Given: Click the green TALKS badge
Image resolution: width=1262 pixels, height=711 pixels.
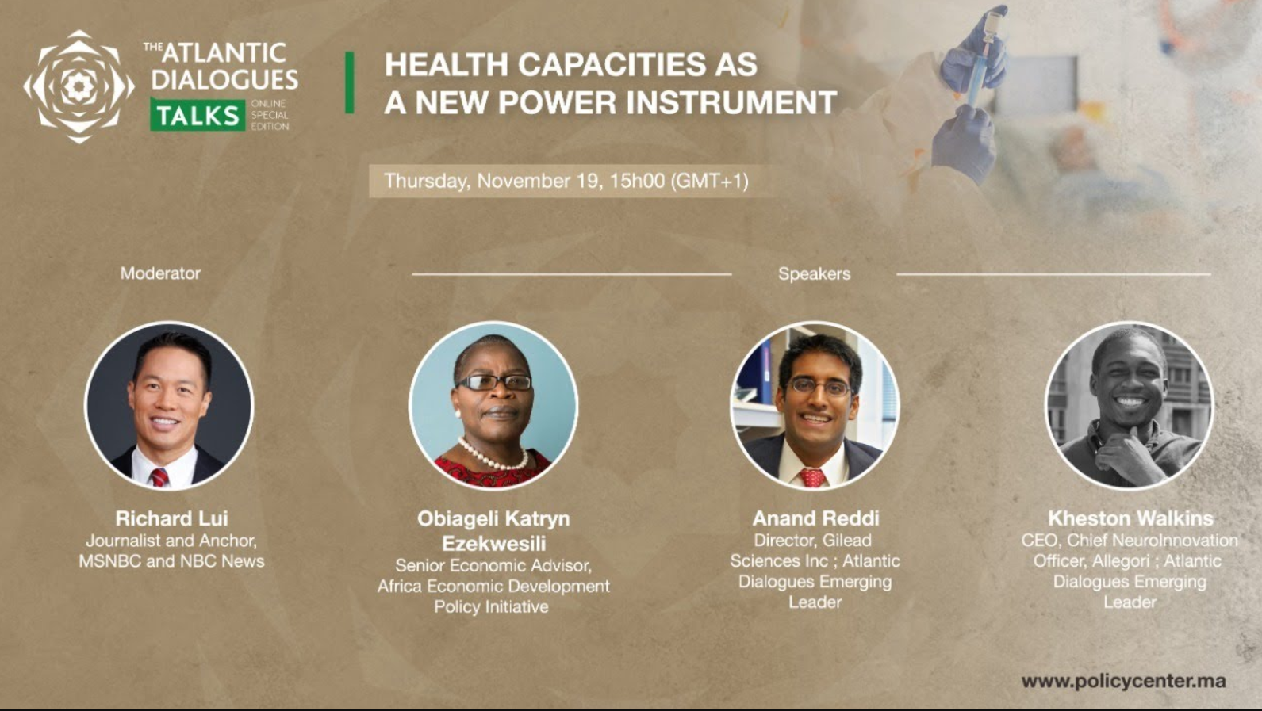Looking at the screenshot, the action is [198, 115].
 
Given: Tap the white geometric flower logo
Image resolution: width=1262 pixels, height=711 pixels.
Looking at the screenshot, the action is [79, 86].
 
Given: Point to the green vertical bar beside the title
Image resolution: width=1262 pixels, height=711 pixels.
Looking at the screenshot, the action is [350, 82].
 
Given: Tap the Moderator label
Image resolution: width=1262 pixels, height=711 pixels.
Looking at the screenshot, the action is [160, 273].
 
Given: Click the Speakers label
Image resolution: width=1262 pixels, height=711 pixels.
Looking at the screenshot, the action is [814, 273].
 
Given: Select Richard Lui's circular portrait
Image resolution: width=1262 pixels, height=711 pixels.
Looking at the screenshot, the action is [168, 405].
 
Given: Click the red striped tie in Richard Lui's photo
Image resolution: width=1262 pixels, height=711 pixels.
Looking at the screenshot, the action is [159, 477].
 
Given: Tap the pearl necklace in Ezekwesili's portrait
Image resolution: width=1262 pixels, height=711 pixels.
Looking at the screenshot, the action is [491, 455].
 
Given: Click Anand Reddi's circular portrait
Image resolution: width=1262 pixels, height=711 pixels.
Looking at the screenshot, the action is [815, 405].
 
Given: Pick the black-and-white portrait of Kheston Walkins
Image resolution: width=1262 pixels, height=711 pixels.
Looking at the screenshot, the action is [1129, 405].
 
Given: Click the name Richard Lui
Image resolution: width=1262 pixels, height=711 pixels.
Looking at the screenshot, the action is [171, 518].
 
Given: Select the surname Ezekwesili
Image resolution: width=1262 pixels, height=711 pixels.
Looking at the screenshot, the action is [493, 543].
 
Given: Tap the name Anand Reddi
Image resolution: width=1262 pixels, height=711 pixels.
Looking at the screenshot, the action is [815, 518].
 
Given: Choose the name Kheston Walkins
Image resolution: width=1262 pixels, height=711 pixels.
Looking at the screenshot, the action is [1130, 518].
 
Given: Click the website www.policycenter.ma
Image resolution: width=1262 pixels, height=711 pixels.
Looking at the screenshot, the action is [1123, 681].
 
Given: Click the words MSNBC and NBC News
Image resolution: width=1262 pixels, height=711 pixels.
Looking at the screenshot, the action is [171, 561].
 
